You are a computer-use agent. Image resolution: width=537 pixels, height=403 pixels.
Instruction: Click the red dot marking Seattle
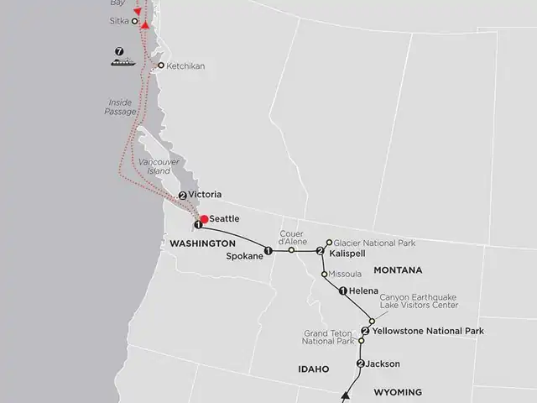(203, 219)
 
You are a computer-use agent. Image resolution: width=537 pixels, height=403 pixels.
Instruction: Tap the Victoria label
(205, 195)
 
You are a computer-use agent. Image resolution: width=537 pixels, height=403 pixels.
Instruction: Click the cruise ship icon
(122, 61)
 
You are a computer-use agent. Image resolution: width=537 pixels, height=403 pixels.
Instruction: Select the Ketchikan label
(185, 65)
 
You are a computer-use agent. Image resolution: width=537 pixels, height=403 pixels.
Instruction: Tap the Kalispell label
(345, 252)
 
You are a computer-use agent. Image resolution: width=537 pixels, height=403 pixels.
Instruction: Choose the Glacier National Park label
(374, 243)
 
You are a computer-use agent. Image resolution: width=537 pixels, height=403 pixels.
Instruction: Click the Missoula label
(345, 274)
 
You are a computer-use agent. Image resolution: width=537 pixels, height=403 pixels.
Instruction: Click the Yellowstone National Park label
(427, 331)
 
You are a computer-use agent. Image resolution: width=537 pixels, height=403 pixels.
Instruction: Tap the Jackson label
(383, 364)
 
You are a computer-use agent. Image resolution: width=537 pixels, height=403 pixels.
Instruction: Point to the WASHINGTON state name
(202, 243)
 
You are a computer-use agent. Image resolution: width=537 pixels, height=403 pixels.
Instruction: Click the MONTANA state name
(399, 270)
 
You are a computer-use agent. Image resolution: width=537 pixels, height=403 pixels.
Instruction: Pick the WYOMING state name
(398, 392)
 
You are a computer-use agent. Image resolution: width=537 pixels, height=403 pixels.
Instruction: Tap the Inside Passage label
(118, 107)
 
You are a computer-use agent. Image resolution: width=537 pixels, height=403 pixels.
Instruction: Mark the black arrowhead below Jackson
(345, 394)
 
